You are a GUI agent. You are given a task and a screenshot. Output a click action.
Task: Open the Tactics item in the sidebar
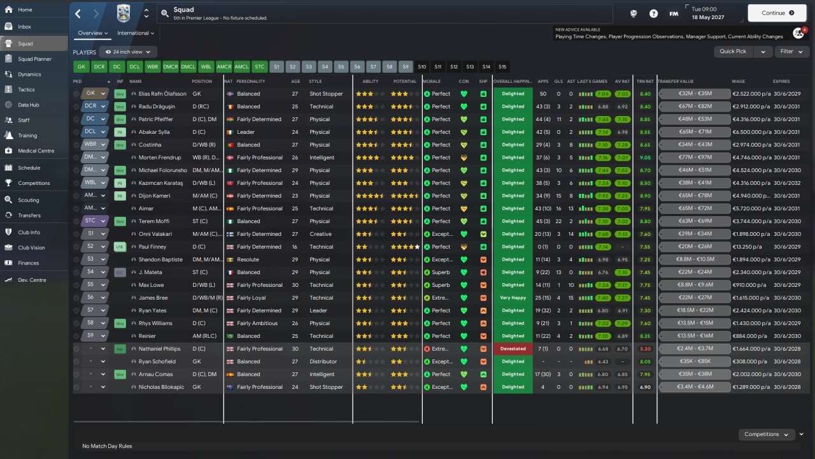26,90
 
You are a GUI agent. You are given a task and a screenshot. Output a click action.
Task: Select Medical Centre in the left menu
36,151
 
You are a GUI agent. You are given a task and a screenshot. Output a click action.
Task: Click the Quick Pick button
733,52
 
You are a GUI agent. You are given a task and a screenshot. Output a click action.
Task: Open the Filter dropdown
791,52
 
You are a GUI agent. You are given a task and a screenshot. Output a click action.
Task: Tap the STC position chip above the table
259,66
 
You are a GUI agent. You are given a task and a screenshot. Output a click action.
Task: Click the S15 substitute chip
502,66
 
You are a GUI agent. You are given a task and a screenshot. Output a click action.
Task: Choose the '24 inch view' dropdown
129,52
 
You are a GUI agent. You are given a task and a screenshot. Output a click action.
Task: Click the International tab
136,33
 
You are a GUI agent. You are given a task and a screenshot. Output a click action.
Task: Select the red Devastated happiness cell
513,349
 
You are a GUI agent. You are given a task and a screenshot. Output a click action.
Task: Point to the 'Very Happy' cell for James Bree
513,298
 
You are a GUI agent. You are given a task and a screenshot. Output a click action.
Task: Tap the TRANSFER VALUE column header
676,82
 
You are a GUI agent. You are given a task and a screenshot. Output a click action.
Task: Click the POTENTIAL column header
405,82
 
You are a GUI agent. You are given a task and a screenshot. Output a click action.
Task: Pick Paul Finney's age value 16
295,247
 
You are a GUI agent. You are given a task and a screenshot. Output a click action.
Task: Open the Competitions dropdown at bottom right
767,434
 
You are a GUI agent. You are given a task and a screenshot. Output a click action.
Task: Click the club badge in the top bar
124,13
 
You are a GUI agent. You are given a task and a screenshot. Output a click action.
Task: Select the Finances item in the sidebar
28,263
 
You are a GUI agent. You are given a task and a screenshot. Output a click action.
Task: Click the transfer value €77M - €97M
695,157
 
